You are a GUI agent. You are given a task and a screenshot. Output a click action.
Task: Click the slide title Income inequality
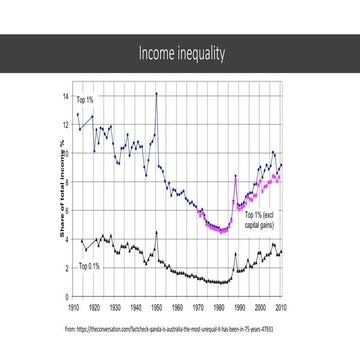click(180, 52)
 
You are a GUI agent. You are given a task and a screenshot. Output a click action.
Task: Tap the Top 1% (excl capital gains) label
click(261, 221)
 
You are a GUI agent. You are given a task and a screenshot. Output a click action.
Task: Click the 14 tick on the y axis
click(67, 97)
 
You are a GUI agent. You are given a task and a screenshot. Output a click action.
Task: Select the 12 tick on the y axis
click(67, 126)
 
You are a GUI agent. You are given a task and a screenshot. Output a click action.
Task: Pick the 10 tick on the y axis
click(67, 155)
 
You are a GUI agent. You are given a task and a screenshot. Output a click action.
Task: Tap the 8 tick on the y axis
click(67, 183)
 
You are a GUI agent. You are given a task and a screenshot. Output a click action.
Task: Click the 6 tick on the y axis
click(67, 212)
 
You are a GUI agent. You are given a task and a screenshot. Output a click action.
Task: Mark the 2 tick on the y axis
click(67, 269)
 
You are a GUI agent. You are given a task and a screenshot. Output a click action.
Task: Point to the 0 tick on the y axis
click(67, 297)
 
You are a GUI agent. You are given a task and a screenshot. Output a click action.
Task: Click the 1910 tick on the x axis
click(74, 309)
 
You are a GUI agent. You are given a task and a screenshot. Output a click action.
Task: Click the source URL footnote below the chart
click(170, 327)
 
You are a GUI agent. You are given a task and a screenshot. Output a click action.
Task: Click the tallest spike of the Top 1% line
click(156, 94)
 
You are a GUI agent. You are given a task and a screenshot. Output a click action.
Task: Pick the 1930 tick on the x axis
click(115, 309)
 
